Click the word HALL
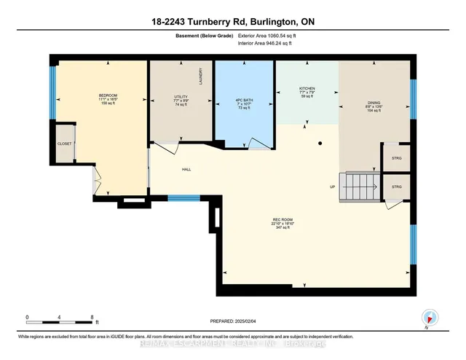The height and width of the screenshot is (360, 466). click(186, 171)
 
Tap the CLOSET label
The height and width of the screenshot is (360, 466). click(65, 144)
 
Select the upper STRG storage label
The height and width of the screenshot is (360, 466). click(397, 158)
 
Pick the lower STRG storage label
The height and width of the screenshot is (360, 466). click(397, 187)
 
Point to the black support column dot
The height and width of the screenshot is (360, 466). click(319, 144)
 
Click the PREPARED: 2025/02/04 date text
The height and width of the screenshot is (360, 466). click(233, 318)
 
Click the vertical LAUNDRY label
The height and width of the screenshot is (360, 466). click(200, 75)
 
